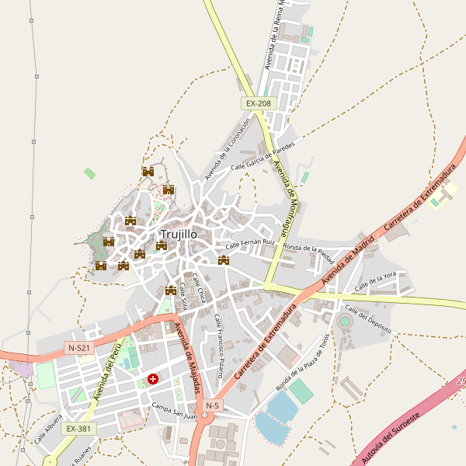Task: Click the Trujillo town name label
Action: pyautogui.click(x=179, y=234)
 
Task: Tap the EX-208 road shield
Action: pyautogui.click(x=259, y=103)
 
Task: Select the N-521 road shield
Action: pyautogui.click(x=79, y=349)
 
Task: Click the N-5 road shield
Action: pyautogui.click(x=213, y=405)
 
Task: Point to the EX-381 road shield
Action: pyautogui.click(x=78, y=428)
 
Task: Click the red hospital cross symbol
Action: pyautogui.click(x=153, y=380)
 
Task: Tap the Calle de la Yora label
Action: pyautogui.click(x=376, y=283)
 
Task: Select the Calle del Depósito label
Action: pyautogui.click(x=368, y=321)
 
